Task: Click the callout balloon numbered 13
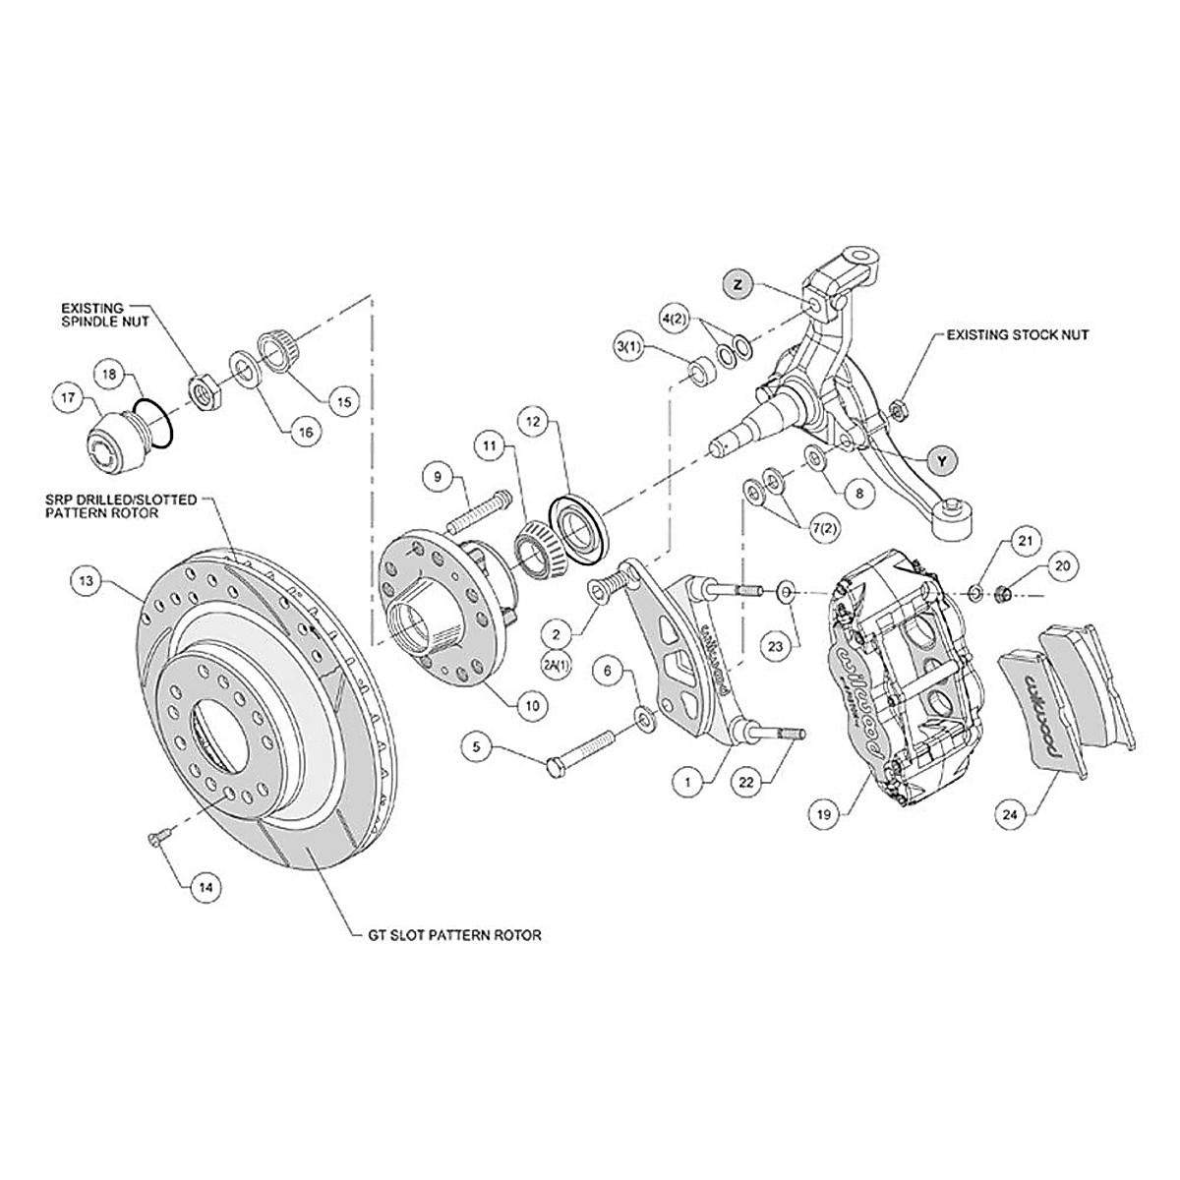coord(87,580)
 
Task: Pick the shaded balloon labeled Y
coord(942,459)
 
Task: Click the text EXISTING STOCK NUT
coord(1018,335)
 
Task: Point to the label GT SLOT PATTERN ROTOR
coord(447,935)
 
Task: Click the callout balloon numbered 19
coord(824,813)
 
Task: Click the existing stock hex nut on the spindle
coord(896,406)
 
